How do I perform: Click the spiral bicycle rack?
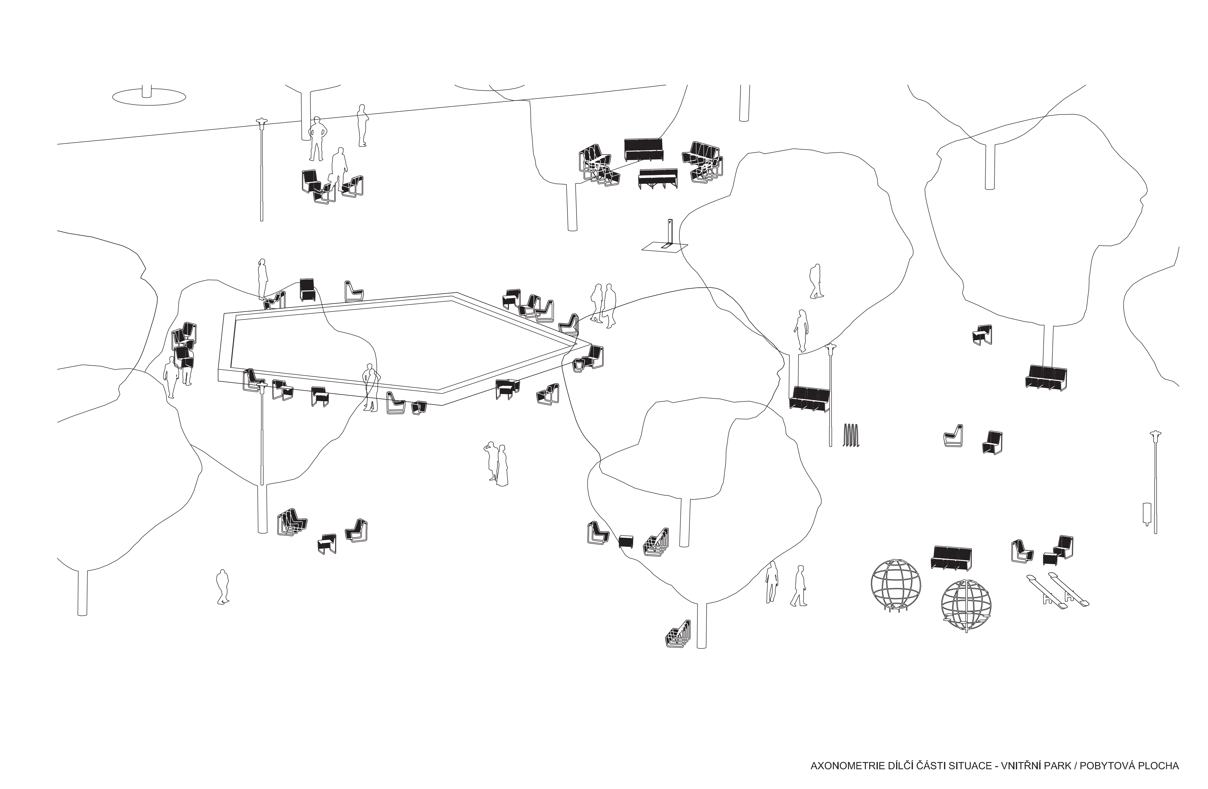(851, 435)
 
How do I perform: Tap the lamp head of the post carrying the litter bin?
(1156, 434)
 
